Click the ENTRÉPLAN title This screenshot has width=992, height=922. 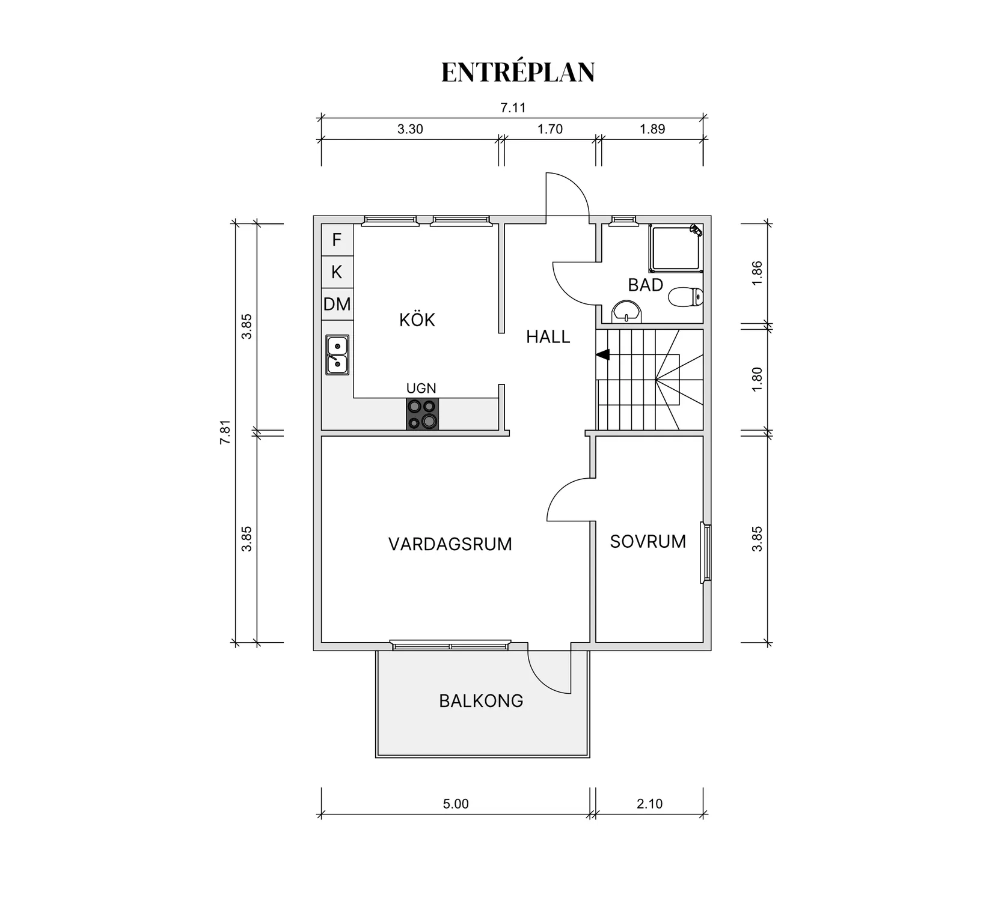(518, 72)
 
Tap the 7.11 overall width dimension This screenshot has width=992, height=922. (513, 108)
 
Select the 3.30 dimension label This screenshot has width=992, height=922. (410, 129)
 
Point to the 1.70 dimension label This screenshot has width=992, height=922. (550, 129)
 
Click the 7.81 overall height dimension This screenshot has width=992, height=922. (225, 432)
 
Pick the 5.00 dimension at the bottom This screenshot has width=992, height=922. (455, 804)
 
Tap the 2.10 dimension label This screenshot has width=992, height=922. (649, 804)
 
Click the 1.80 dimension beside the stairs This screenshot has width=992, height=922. (757, 379)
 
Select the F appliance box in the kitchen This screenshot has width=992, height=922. (337, 240)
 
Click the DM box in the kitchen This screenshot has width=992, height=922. (337, 304)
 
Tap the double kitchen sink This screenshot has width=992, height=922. (337, 355)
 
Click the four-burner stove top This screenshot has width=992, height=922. (422, 414)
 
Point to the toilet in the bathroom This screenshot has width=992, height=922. (686, 297)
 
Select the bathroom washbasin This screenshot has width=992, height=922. (627, 312)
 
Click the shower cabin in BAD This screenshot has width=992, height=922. (675, 247)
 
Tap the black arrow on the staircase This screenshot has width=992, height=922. (602, 355)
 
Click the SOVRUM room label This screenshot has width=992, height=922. (648, 542)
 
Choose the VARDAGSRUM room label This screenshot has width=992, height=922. (450, 544)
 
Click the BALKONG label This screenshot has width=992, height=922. (481, 701)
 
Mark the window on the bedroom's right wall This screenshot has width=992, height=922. (706, 553)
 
